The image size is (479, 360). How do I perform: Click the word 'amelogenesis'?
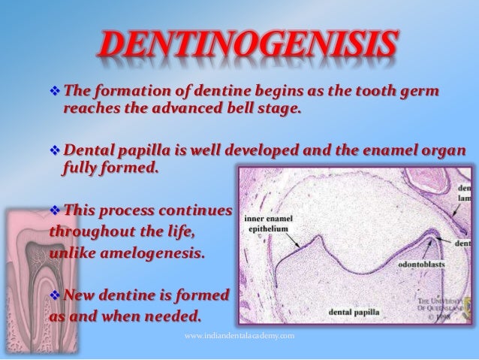pyautogui.click(x=151, y=252)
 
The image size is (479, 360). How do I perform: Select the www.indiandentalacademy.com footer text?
pyautogui.click(x=239, y=339)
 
